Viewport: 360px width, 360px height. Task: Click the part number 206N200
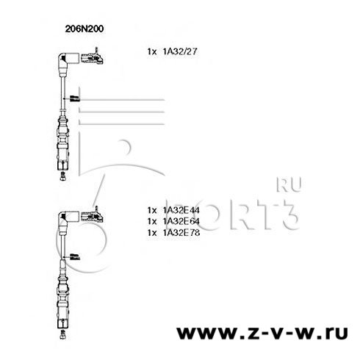coord(84,29)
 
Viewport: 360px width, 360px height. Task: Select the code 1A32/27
coord(180,51)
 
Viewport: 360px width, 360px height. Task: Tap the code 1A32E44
coord(181,210)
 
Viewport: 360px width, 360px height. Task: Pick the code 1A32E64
coord(181,221)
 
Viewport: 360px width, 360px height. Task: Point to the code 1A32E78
coord(181,233)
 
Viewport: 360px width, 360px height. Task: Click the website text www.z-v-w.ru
coord(262,332)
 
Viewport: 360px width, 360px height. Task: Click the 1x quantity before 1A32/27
coord(152,52)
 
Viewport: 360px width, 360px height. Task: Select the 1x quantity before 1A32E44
coord(152,210)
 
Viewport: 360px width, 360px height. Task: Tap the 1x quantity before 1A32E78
coord(152,233)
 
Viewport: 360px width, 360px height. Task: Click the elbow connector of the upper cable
coord(66,62)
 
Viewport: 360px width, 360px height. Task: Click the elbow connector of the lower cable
coord(66,220)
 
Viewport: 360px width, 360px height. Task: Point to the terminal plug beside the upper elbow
coord(92,57)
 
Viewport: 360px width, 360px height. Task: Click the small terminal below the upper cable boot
coord(63,176)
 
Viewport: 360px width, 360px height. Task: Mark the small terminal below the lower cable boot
coord(63,334)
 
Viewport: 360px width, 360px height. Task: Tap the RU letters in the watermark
coord(289,184)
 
